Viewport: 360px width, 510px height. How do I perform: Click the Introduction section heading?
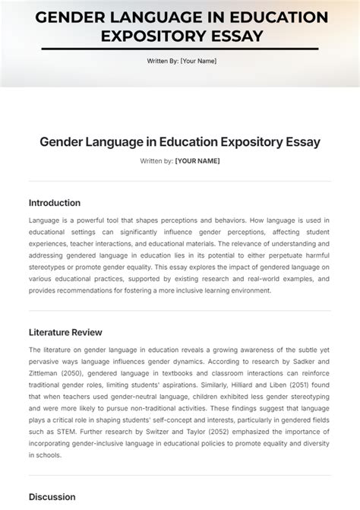[54, 203]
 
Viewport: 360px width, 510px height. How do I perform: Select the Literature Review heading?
[65, 332]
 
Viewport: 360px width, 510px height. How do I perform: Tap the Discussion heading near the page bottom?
[52, 497]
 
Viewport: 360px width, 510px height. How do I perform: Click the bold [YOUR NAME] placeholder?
[197, 161]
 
